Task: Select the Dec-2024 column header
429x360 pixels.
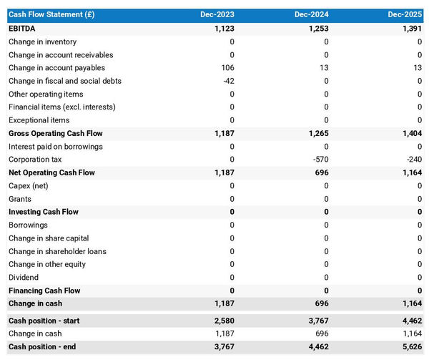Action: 313,15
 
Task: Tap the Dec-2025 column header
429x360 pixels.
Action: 407,15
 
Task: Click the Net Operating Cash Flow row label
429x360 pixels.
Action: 51,172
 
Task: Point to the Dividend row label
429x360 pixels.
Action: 24,277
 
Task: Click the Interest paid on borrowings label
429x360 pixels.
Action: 55,146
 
